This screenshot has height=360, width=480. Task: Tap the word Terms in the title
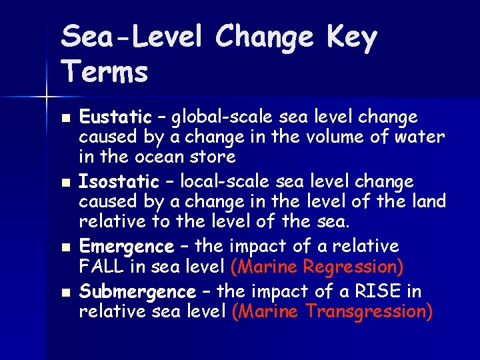pos(105,71)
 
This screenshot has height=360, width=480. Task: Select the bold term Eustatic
pos(116,118)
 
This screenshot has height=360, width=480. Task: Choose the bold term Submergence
pos(137,292)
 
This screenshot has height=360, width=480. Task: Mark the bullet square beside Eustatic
pos(64,118)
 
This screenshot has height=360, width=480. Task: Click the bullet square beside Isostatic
pos(64,182)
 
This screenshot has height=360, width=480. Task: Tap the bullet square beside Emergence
pos(64,247)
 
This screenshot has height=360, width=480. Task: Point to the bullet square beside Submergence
pos(64,292)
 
